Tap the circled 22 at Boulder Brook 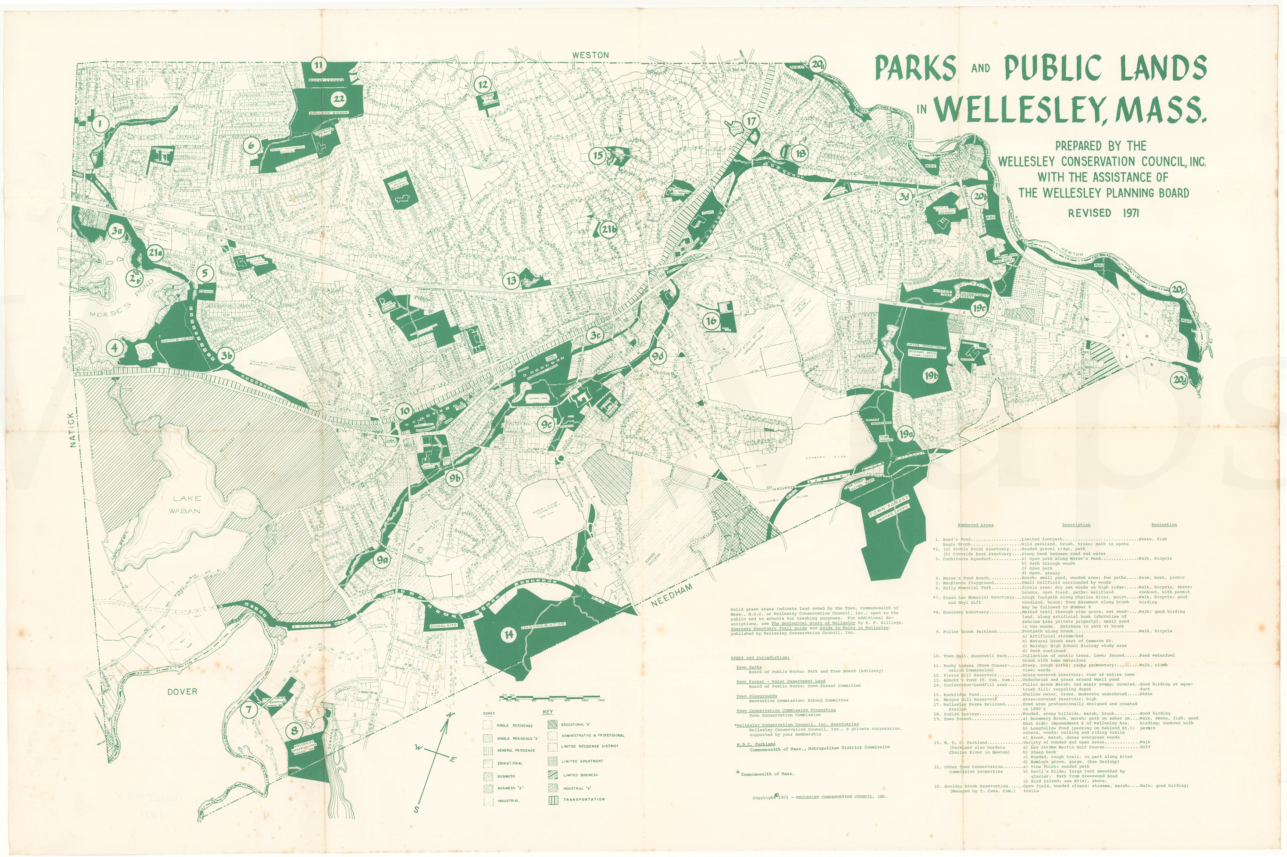pyautogui.click(x=338, y=99)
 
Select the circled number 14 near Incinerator pyautogui.click(x=509, y=635)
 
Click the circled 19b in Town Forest pyautogui.click(x=931, y=375)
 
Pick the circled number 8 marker pyautogui.click(x=295, y=730)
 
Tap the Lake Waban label pyautogui.click(x=187, y=504)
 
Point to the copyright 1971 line pyautogui.click(x=820, y=797)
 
